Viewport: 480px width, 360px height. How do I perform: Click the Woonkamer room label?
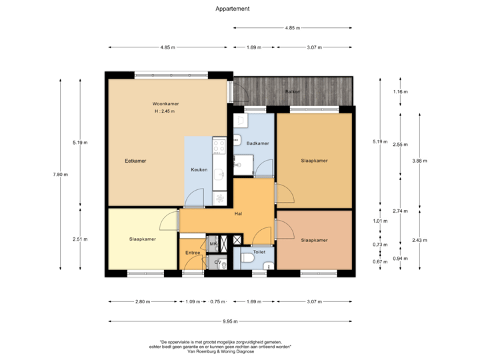pos(165,104)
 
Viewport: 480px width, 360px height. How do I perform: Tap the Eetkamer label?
pos(135,161)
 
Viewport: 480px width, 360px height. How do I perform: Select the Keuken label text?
pos(199,169)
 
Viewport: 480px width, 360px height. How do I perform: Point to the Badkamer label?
pos(257,143)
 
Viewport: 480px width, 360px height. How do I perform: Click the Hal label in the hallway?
pos(237,213)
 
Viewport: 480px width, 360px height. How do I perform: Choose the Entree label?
pos(193,253)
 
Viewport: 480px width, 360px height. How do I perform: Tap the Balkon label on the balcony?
pos(292,91)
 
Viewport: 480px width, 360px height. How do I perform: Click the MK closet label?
pos(213,245)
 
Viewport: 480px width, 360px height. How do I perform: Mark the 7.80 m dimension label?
pos(61,175)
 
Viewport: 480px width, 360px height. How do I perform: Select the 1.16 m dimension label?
pos(400,91)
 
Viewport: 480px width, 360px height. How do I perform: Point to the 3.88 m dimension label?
pos(420,161)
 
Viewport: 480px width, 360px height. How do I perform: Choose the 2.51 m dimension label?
pos(80,240)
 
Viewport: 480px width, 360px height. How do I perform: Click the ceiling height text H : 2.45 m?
pos(164,111)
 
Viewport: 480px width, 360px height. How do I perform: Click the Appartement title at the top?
pos(233,9)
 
